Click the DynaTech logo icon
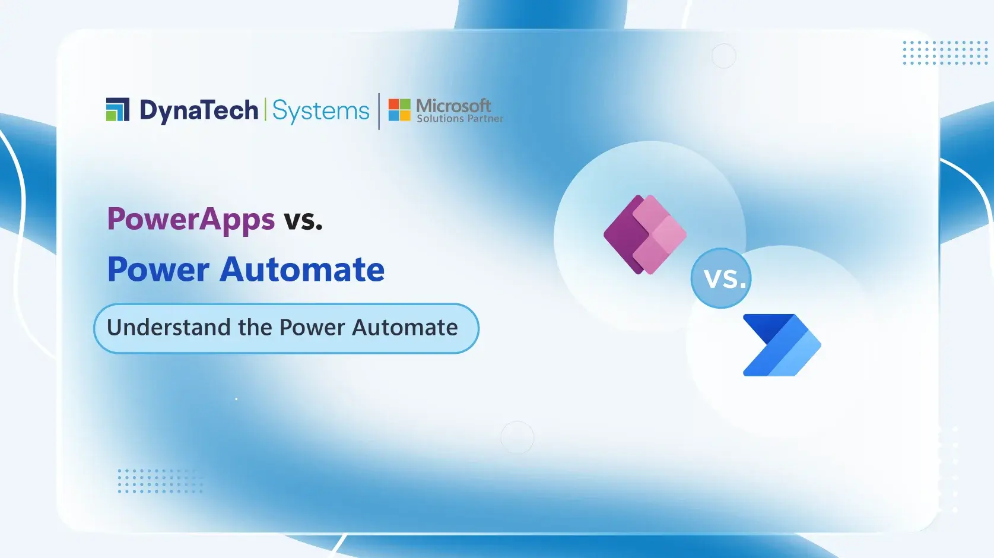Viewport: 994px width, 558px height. pos(117,110)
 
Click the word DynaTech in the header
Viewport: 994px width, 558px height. pos(199,111)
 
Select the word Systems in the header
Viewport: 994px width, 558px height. pos(320,111)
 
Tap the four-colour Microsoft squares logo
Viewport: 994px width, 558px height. pos(399,110)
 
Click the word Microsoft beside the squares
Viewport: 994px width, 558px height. pos(453,106)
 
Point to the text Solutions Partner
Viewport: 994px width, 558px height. pos(460,119)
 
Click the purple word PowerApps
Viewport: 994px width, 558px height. pos(190,220)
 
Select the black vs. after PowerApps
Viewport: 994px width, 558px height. pos(303,220)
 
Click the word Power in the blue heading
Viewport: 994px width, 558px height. pos(158,270)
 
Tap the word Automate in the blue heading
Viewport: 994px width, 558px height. pos(302,270)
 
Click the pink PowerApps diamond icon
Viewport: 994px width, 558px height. pos(645,234)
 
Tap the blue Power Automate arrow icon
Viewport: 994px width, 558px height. pos(782,345)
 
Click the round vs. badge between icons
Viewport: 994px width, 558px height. pos(721,278)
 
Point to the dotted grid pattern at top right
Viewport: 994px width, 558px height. pos(945,53)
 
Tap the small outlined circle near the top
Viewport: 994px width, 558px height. pos(723,56)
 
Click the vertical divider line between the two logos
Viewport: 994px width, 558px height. pos(379,111)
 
